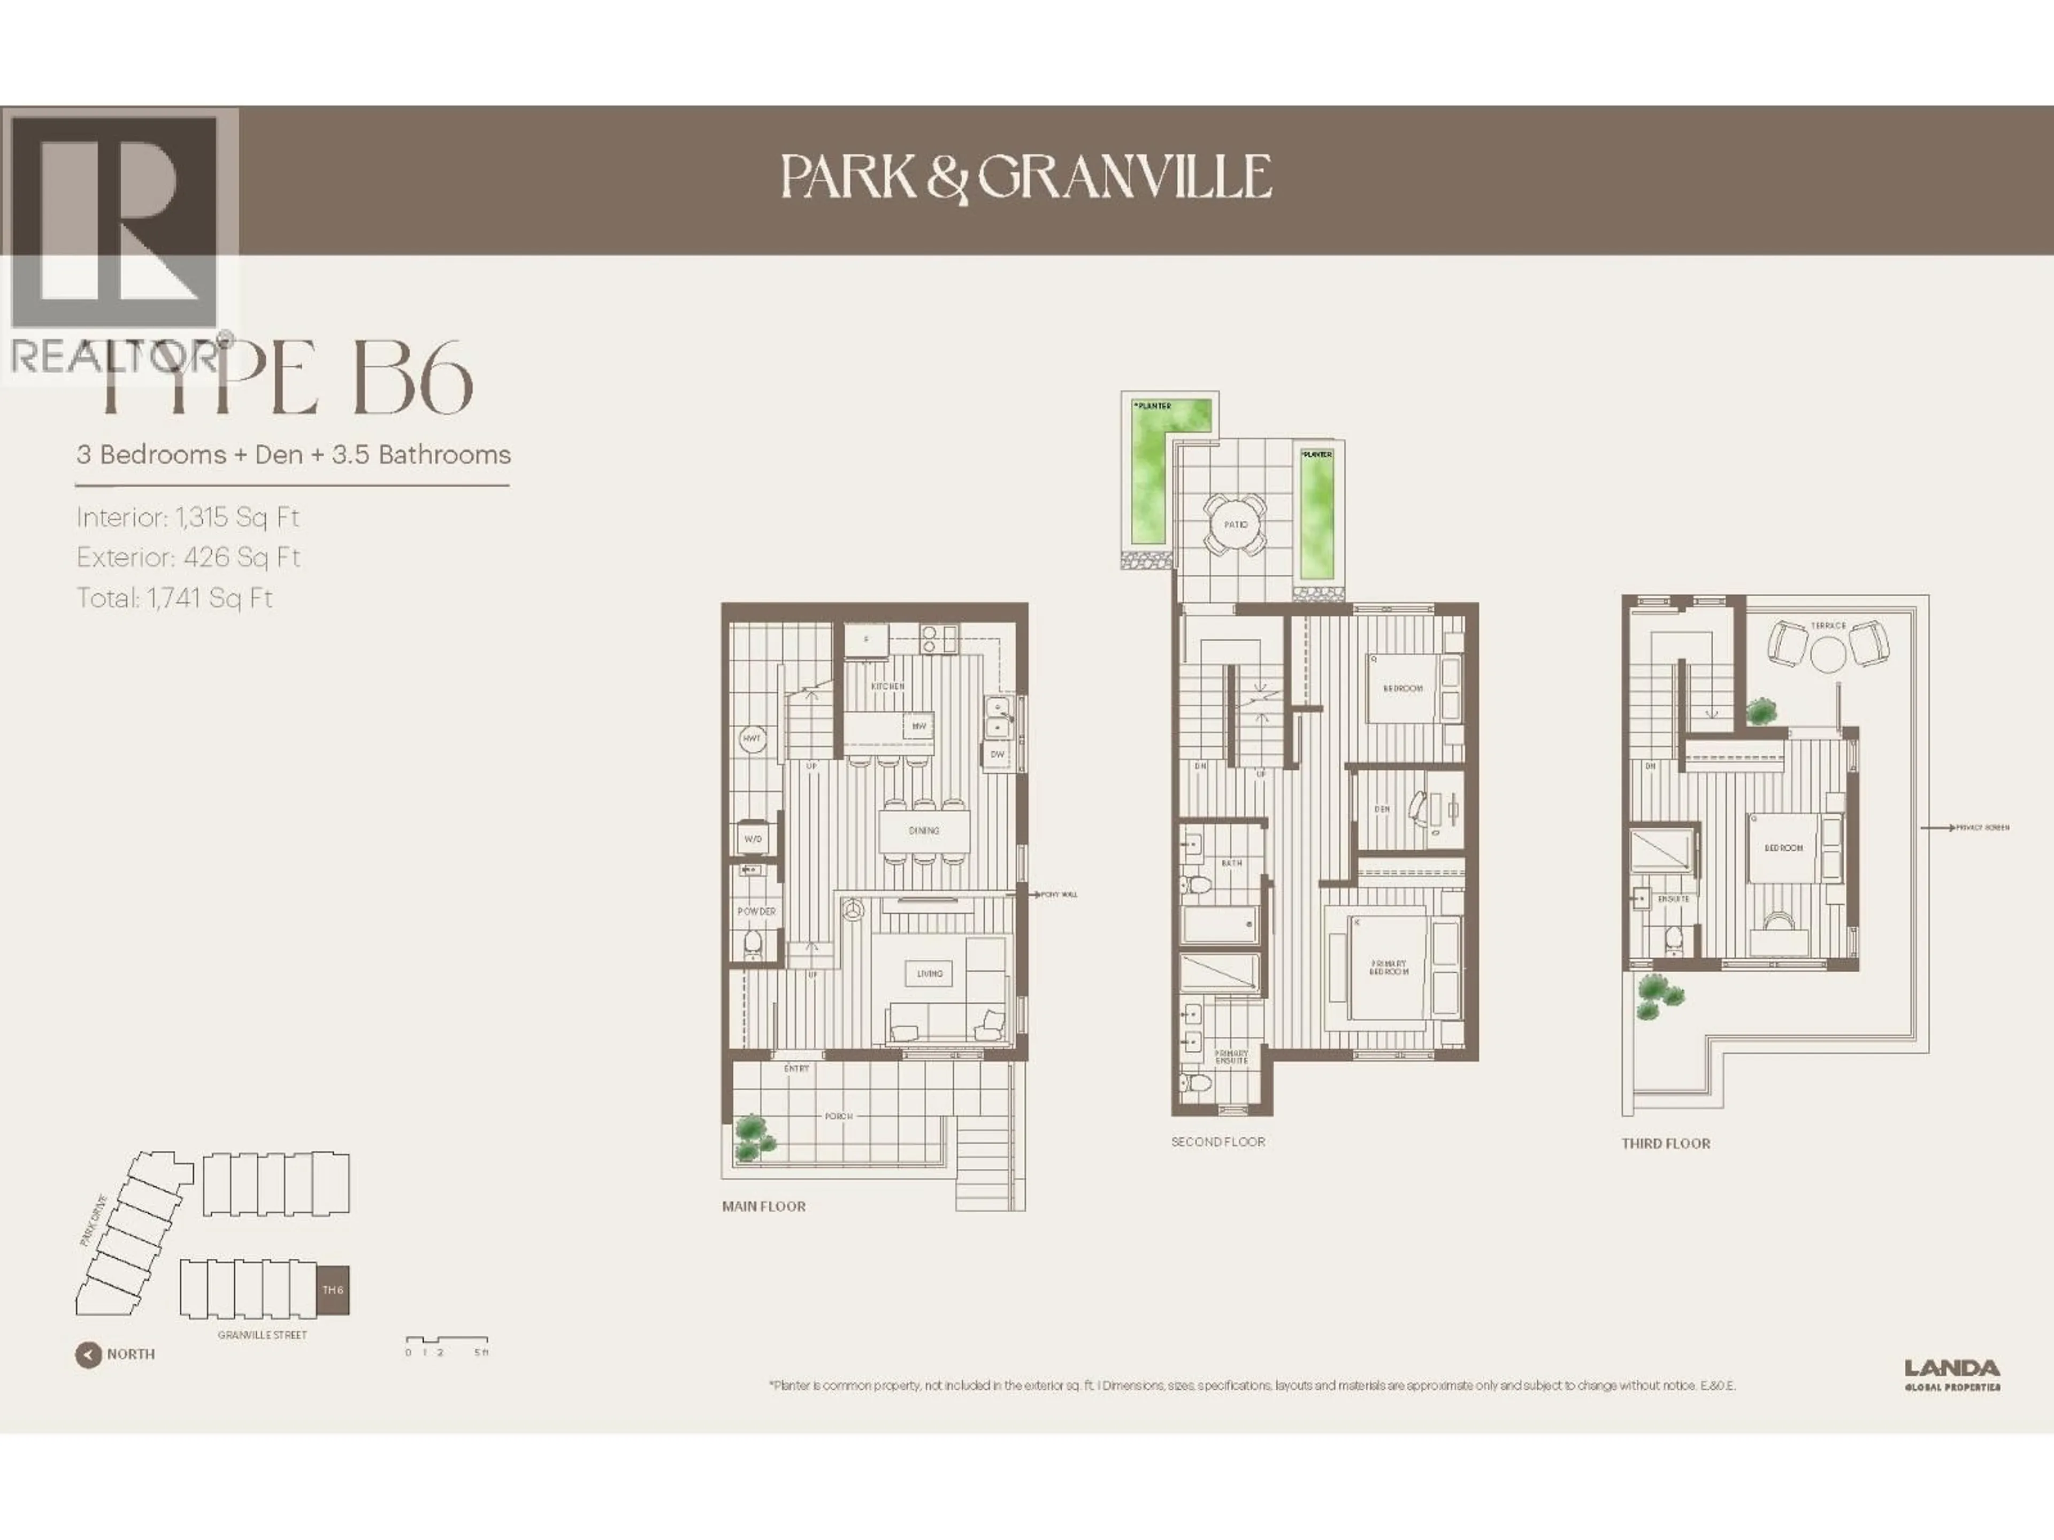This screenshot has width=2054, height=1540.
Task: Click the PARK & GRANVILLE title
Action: (1026, 176)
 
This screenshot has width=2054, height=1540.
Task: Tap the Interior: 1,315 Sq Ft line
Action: (188, 517)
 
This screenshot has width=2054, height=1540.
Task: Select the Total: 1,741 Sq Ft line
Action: (174, 598)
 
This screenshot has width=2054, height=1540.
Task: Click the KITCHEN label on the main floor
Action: (887, 686)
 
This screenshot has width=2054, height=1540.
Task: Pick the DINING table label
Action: (924, 831)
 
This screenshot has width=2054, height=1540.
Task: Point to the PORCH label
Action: (839, 1116)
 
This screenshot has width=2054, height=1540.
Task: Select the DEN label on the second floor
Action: (1382, 810)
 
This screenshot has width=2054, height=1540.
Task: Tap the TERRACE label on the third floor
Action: (1827, 626)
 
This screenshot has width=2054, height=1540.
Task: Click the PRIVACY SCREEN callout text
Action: (1982, 827)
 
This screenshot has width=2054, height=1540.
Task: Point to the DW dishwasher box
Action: (997, 754)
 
